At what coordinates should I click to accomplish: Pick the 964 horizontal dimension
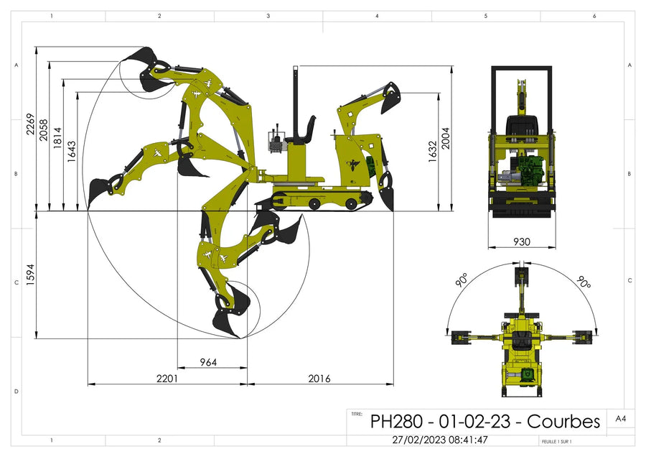coord(207,362)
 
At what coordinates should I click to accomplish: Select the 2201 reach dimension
coord(167,378)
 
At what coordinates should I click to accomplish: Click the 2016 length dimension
coord(319,378)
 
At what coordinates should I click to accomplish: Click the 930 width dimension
coord(522,241)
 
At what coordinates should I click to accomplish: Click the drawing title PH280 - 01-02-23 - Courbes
coord(484,421)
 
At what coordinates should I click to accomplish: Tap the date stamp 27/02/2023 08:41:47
coord(440,440)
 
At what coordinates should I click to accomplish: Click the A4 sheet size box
coord(620,418)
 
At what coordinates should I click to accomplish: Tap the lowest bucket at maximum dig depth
coord(228,321)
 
